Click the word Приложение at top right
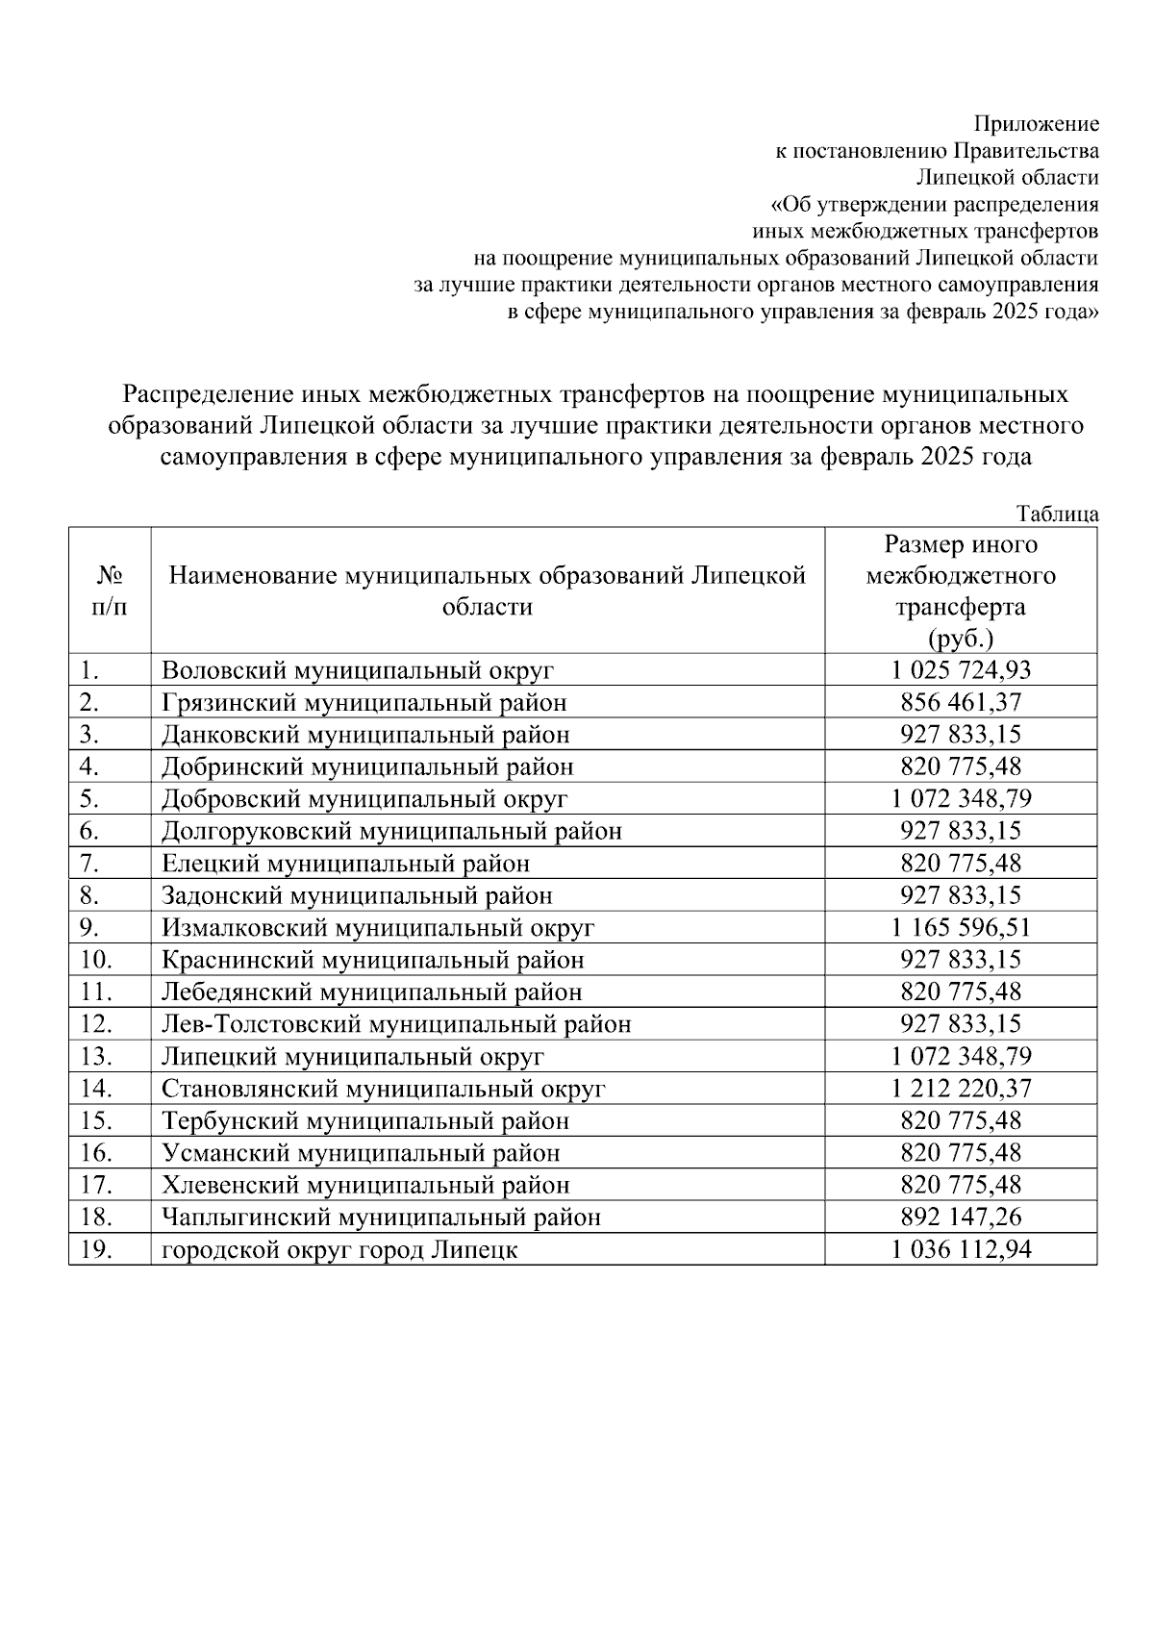click(1036, 123)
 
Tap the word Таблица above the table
click(1057, 514)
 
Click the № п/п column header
click(110, 590)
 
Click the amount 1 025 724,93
click(961, 670)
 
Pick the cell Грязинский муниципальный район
click(364, 702)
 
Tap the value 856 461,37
click(961, 702)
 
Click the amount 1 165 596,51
click(961, 927)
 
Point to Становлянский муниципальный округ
click(384, 1089)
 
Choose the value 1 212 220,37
click(961, 1089)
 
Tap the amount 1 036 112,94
click(961, 1249)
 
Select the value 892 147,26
click(961, 1217)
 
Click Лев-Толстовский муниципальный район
click(396, 1024)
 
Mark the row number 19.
click(97, 1249)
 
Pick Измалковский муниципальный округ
click(378, 927)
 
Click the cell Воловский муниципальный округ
click(358, 670)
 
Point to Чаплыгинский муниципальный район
click(381, 1217)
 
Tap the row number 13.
click(97, 1056)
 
